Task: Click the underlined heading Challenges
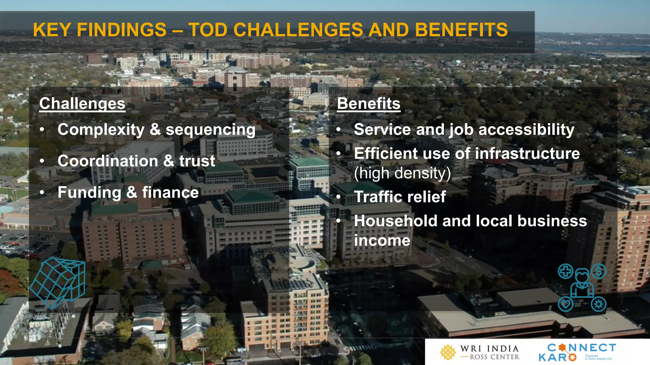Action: pyautogui.click(x=82, y=104)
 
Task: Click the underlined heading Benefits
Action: pyautogui.click(x=368, y=104)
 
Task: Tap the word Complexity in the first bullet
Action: pyautogui.click(x=101, y=130)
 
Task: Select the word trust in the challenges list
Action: pyautogui.click(x=197, y=161)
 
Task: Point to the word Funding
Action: pyautogui.click(x=89, y=192)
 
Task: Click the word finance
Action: pyautogui.click(x=170, y=192)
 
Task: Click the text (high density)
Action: pyautogui.click(x=402, y=173)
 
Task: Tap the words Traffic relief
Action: pyautogui.click(x=400, y=197)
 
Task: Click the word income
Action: pyautogui.click(x=382, y=240)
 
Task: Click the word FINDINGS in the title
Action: pyautogui.click(x=122, y=30)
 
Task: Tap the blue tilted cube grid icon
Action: pyautogui.click(x=58, y=282)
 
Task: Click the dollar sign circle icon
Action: pyautogui.click(x=599, y=271)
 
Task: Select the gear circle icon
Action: pyautogui.click(x=599, y=304)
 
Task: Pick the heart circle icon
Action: pyautogui.click(x=565, y=304)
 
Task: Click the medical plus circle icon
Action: pyautogui.click(x=566, y=271)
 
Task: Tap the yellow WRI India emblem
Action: pyautogui.click(x=448, y=352)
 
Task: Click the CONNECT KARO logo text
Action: pyautogui.click(x=577, y=352)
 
